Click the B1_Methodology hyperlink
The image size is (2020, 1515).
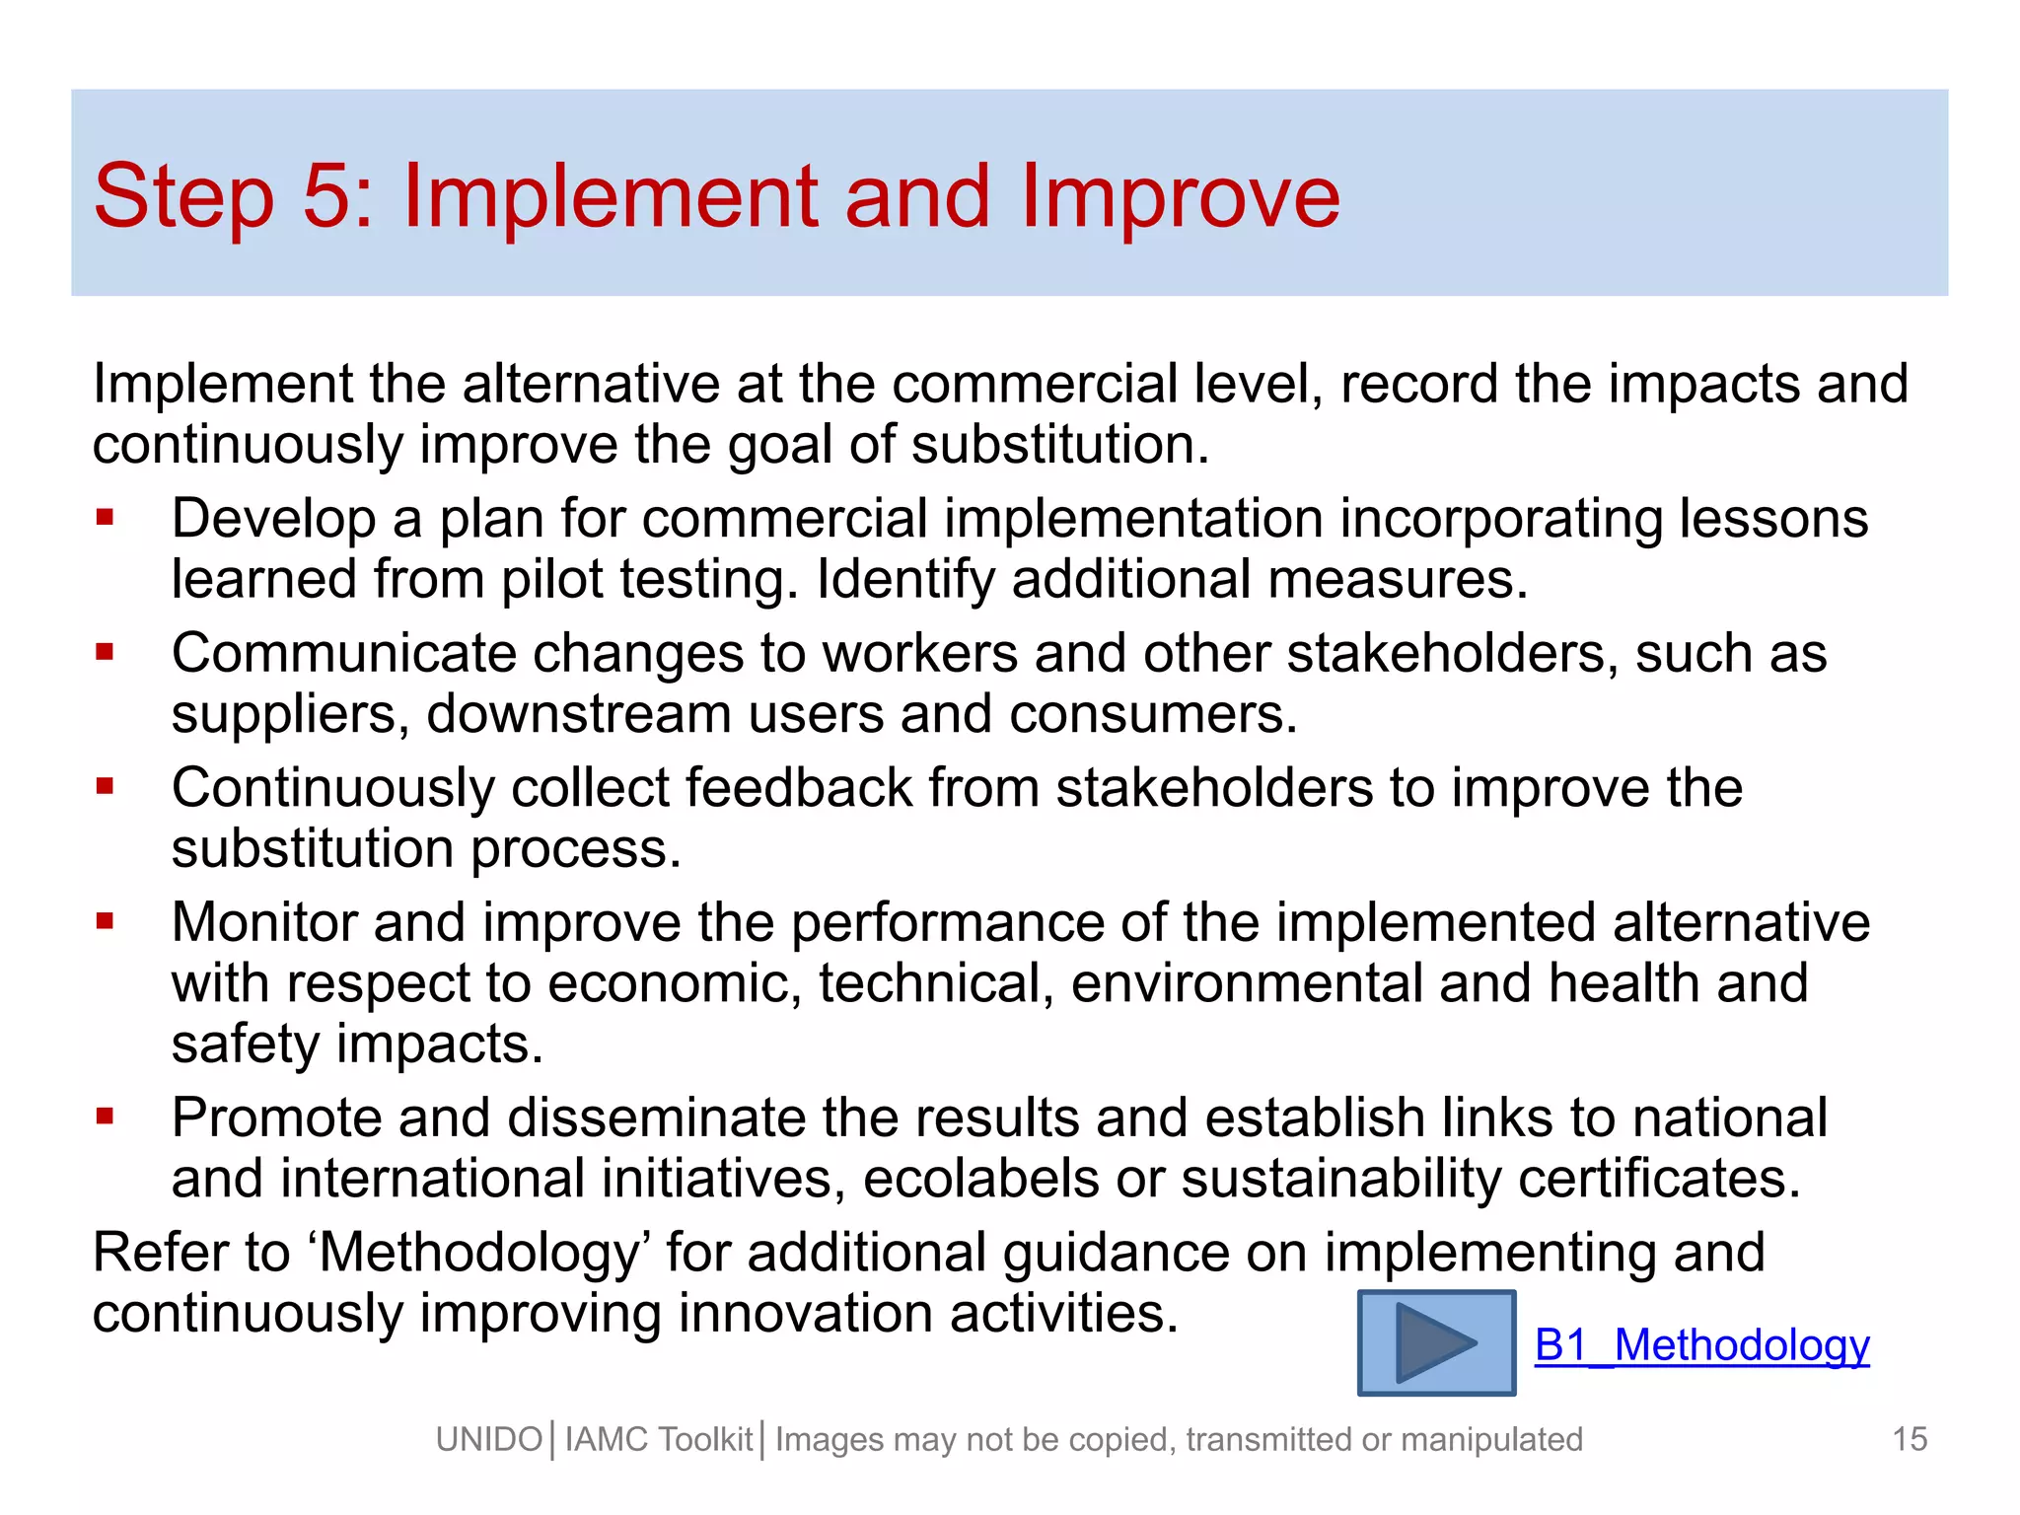click(x=1701, y=1345)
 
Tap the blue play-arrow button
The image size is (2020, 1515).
click(x=1436, y=1343)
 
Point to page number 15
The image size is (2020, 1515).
click(x=1910, y=1439)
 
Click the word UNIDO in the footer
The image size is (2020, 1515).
click(x=489, y=1440)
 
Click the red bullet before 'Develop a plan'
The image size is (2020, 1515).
click(x=106, y=517)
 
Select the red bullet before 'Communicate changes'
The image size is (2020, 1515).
click(x=106, y=652)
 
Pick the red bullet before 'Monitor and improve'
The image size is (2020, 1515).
click(x=106, y=921)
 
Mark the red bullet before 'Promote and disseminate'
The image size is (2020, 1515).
click(x=106, y=1117)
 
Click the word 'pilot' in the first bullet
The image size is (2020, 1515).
click(x=551, y=580)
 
